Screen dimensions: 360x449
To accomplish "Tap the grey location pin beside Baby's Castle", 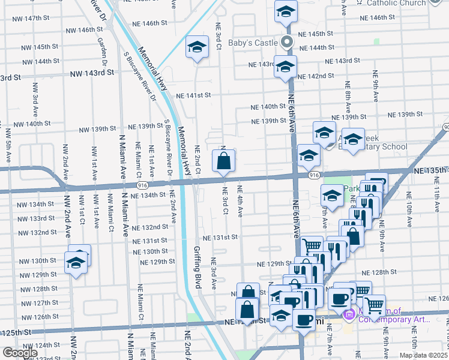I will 287,43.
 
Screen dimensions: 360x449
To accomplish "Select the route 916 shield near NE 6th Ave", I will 313,175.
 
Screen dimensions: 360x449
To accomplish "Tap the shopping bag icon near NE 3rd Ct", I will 223,161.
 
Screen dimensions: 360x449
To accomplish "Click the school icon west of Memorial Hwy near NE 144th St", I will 196,47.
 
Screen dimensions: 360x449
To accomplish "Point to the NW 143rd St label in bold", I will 92,73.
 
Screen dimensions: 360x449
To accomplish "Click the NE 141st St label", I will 193,95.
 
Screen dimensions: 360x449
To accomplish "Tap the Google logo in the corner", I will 20,353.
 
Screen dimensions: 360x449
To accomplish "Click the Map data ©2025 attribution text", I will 423,355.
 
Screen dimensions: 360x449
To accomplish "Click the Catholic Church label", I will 396,3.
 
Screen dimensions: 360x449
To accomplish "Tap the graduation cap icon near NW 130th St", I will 76,263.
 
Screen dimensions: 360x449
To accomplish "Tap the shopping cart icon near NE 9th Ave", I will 375,306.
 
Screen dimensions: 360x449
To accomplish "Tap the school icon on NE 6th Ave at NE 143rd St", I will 285,67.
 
